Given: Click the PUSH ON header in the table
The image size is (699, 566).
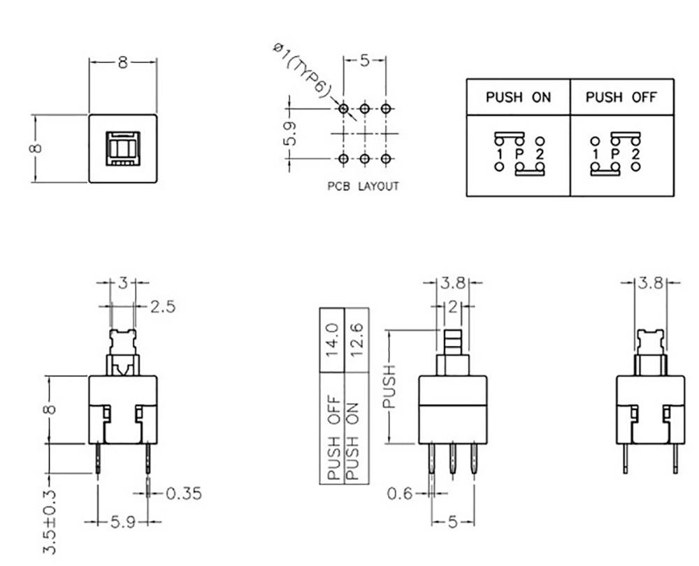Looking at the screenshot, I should pos(518,97).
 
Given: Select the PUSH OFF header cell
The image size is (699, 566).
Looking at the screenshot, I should pos(621,97).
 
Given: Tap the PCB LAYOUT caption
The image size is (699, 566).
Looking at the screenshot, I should pos(363,187).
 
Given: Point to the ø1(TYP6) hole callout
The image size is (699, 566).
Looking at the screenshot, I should pos(302,71).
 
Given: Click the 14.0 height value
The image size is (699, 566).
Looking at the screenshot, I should pos(332,338).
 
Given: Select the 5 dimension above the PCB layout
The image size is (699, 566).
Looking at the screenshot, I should pos(364,61).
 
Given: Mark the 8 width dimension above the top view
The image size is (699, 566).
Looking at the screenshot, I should pos(122,62).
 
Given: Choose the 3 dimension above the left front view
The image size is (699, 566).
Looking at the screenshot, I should pos(122,283).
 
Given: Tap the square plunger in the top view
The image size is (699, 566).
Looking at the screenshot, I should pos(122,148).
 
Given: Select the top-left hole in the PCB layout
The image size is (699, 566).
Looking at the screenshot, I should pos(343,109).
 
